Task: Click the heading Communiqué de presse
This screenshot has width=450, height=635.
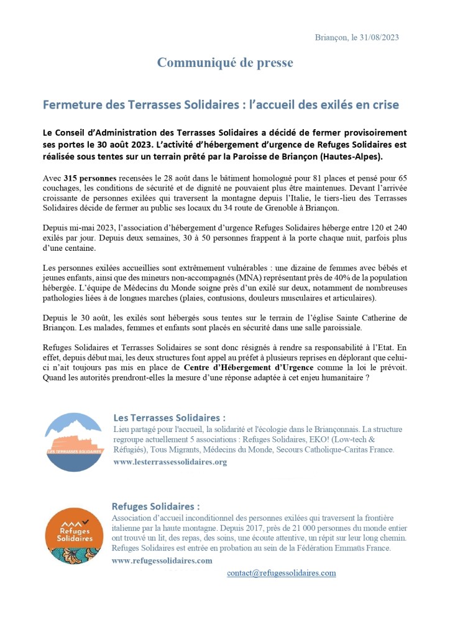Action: coord(224,63)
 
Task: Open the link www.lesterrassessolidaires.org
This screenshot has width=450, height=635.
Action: coord(170,462)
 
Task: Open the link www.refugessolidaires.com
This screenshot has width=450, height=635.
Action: coord(162,560)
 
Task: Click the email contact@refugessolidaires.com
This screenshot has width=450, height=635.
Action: coord(281,573)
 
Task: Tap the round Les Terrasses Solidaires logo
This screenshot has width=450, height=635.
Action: coord(74,443)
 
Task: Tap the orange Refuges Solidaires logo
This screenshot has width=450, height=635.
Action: coord(75,536)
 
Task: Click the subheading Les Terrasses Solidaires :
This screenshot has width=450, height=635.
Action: coord(169,418)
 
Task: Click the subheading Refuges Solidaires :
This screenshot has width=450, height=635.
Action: coord(155,507)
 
